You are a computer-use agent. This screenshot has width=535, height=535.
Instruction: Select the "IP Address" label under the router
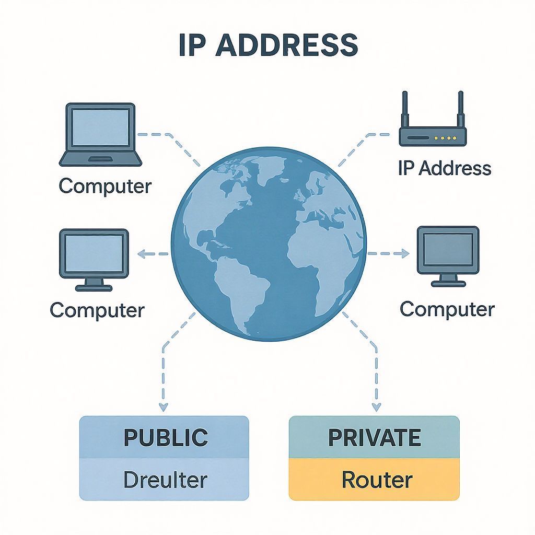click(445, 168)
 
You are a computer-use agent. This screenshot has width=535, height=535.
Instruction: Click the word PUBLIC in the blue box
click(166, 437)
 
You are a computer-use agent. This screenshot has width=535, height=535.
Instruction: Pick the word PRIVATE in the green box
click(374, 437)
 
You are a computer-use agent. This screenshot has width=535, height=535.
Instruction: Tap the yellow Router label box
click(374, 480)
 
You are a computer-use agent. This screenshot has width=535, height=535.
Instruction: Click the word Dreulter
click(165, 480)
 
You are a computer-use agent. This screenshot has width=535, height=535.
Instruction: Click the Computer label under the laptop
click(105, 186)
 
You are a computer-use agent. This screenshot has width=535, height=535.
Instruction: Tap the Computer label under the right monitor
click(447, 309)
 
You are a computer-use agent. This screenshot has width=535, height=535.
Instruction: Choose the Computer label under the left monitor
click(97, 310)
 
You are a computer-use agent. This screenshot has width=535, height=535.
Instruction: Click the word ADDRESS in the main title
click(287, 46)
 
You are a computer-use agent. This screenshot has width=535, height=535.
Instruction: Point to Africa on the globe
click(319, 256)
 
